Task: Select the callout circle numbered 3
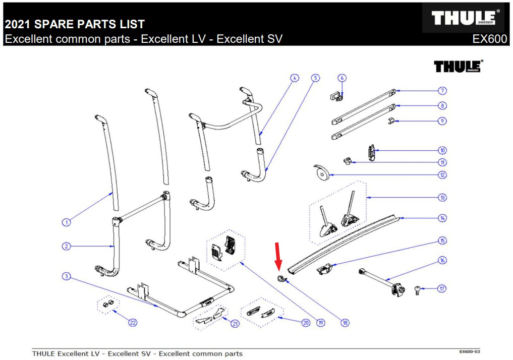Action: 66,276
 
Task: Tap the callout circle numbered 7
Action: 442,91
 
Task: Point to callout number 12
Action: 442,175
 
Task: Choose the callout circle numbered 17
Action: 442,289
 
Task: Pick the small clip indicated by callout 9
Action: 390,121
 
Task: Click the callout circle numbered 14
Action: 442,218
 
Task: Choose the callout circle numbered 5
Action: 315,78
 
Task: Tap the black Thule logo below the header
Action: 458,66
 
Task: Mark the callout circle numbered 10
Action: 442,150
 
